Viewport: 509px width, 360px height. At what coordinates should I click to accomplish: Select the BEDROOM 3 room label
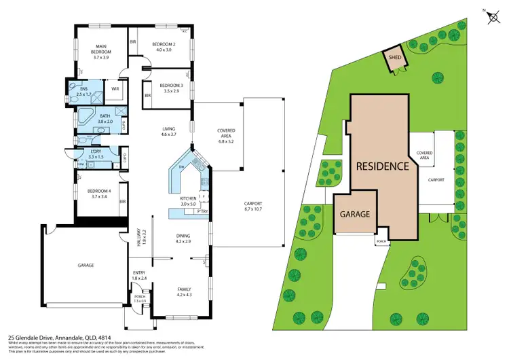(169, 88)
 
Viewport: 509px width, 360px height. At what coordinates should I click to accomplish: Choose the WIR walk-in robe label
(115, 88)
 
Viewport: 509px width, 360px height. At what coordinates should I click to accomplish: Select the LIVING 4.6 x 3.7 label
(168, 132)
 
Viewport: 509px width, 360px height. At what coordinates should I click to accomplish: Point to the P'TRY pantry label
(201, 212)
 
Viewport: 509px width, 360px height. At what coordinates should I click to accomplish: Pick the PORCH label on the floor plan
(139, 298)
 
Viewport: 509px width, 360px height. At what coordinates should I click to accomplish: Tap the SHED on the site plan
(394, 58)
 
